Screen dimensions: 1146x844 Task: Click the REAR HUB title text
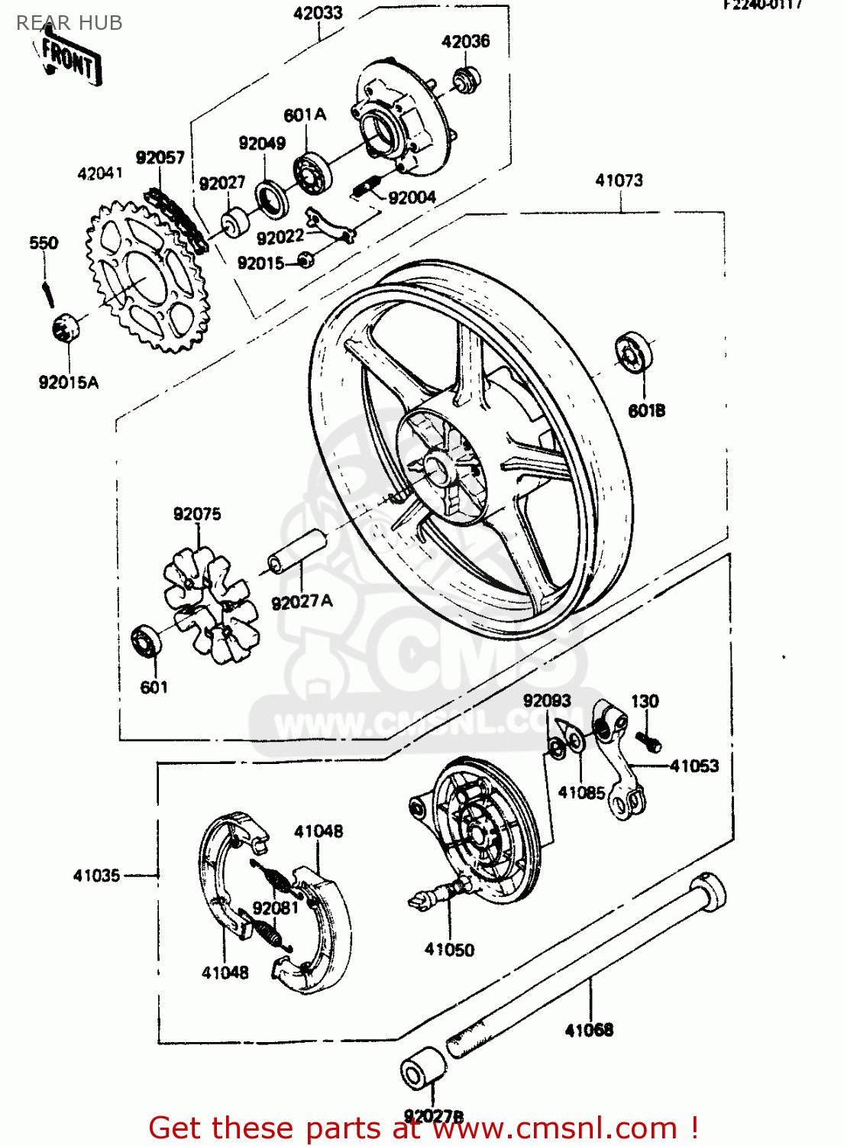click(69, 23)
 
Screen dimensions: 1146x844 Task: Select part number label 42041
click(100, 173)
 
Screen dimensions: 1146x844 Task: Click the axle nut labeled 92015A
click(63, 329)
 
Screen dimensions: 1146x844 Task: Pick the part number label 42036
click(465, 41)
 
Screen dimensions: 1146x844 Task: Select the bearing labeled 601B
click(634, 354)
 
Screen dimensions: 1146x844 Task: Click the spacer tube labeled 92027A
click(296, 552)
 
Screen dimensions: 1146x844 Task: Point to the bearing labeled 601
click(145, 641)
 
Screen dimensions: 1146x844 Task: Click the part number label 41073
click(619, 180)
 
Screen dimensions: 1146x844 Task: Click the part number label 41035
click(96, 876)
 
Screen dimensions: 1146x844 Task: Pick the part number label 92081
click(275, 908)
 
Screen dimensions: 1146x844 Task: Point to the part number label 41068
click(589, 1030)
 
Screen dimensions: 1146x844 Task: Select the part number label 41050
click(449, 950)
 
